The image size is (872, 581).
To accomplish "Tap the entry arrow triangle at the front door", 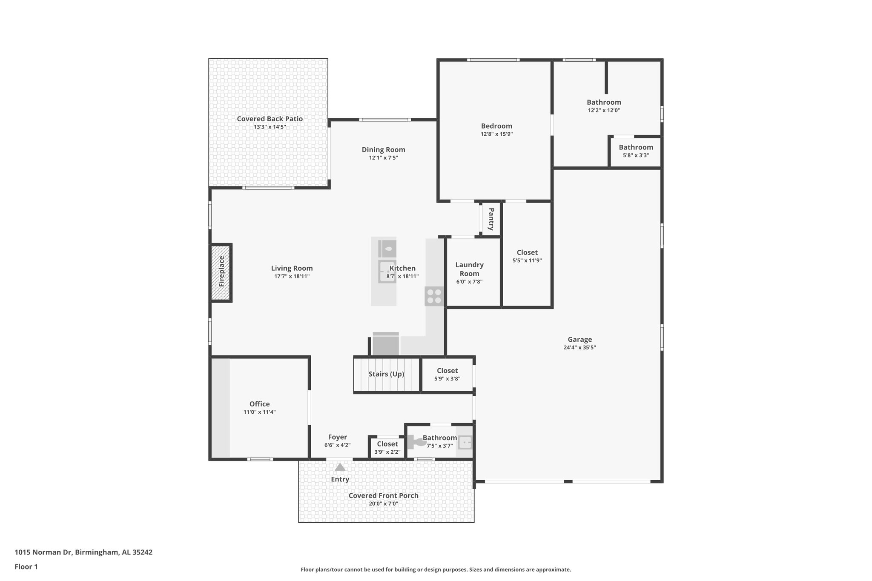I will (x=340, y=467).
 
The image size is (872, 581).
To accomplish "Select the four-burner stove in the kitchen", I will (x=434, y=296).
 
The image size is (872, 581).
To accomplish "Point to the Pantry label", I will (x=491, y=219).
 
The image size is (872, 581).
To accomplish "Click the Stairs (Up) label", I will (x=386, y=374).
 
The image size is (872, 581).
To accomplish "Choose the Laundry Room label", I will (x=469, y=269).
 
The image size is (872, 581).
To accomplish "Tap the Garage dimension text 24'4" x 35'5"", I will (x=579, y=347).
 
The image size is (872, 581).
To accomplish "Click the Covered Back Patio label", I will (x=270, y=119).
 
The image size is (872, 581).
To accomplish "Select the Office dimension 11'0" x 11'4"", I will (x=259, y=412).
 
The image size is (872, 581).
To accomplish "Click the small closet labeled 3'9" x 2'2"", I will (x=387, y=447).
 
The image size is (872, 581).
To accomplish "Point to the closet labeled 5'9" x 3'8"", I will (x=447, y=374).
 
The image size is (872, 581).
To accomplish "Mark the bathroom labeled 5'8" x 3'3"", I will (x=636, y=151).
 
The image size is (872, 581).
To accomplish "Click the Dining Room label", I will (x=383, y=149).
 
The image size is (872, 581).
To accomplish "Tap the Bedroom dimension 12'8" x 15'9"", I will (x=496, y=134).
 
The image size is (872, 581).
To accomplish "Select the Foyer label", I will (x=337, y=437).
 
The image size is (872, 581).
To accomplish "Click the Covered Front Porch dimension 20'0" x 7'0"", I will (x=383, y=504).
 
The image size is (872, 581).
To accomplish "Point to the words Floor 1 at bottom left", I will (x=26, y=567).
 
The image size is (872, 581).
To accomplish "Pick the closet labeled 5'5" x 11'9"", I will (x=527, y=256).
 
